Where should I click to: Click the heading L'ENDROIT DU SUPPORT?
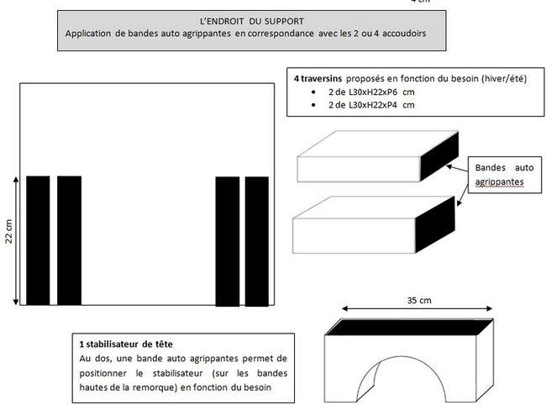pyautogui.click(x=253, y=19)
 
